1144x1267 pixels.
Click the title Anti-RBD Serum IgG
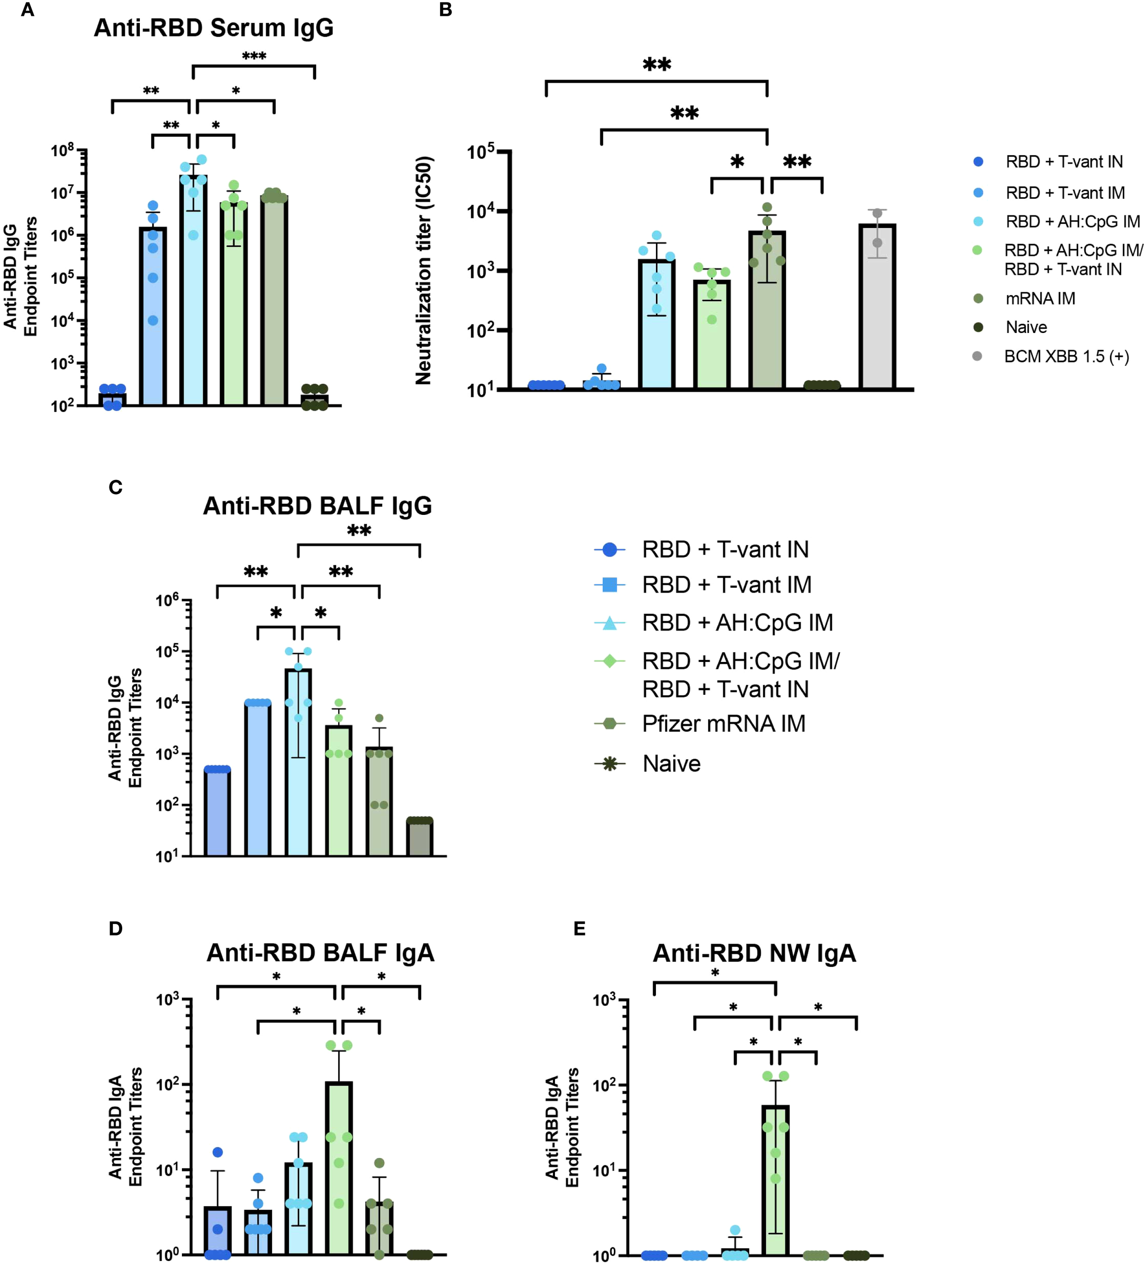pos(214,28)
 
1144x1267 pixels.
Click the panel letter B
pos(446,10)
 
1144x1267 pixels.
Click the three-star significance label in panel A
pos(254,56)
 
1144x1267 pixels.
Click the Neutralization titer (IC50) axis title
pos(424,270)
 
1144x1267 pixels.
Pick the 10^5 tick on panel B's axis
pos(481,152)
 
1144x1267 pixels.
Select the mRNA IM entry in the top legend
pos(1040,299)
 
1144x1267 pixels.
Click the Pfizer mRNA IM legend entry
pos(723,724)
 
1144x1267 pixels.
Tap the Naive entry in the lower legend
pos(671,764)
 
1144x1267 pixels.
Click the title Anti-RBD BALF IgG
pos(317,506)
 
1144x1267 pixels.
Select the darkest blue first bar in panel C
pos(217,812)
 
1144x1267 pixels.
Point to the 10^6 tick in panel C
pos(168,601)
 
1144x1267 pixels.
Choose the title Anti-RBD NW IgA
pos(754,953)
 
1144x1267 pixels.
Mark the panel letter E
pos(579,928)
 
